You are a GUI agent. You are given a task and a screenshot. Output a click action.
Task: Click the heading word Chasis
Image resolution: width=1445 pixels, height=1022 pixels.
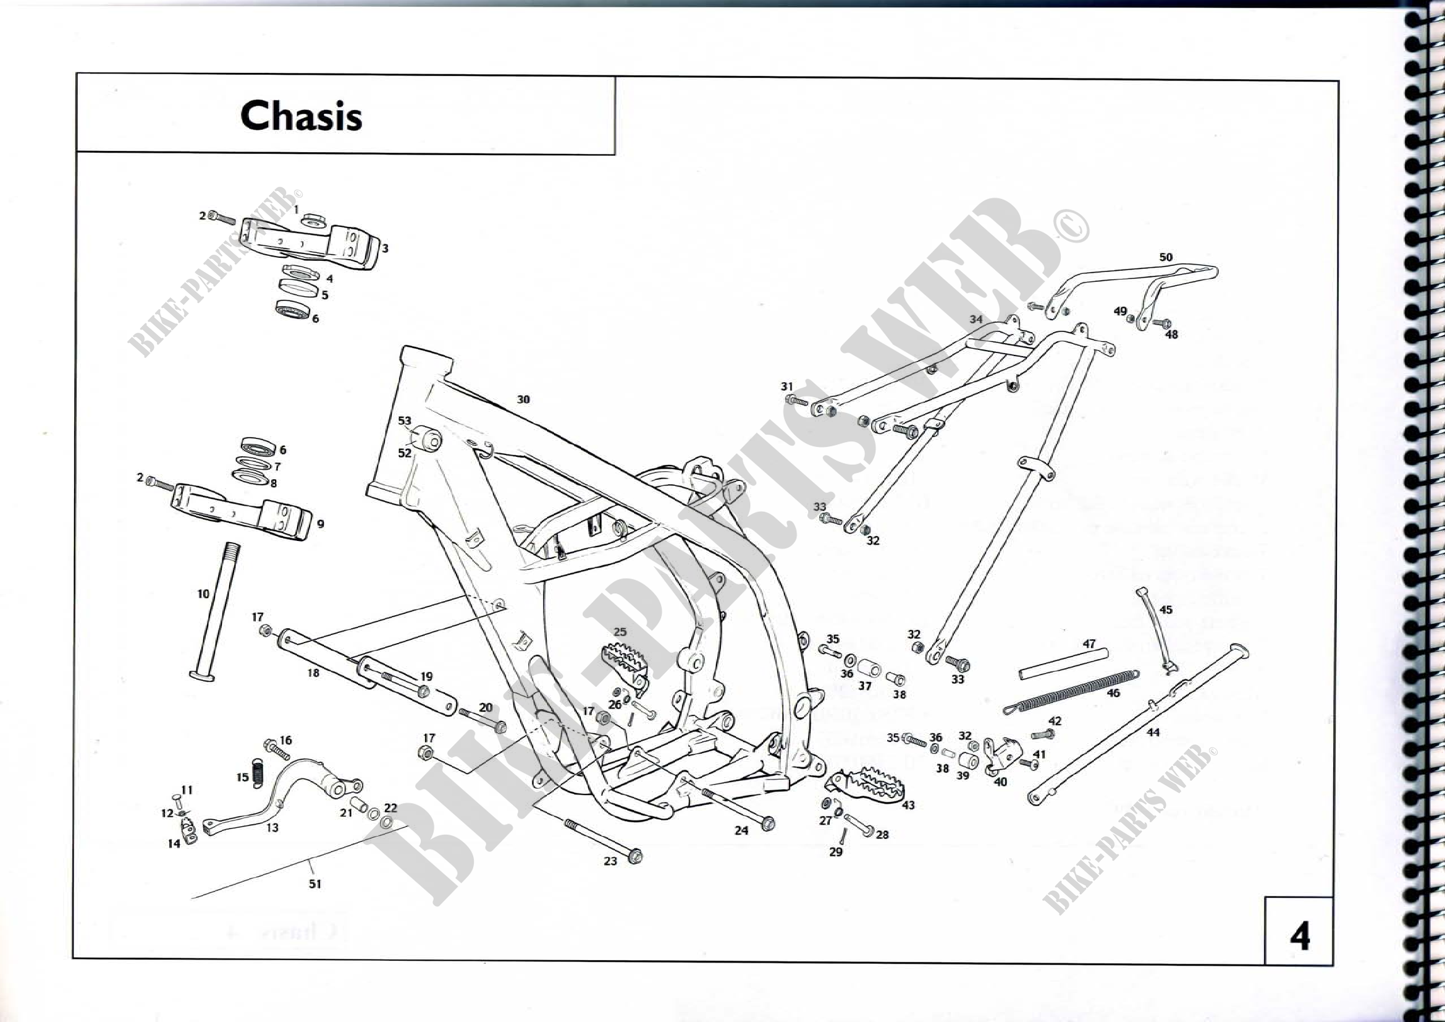coord(301,116)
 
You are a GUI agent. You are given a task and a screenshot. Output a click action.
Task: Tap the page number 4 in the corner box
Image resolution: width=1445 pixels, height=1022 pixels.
coord(1300,936)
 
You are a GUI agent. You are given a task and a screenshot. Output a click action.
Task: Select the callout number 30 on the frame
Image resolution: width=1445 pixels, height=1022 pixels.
coord(523,399)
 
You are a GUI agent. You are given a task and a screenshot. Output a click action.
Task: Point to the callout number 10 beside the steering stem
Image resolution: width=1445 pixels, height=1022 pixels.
coord(203,594)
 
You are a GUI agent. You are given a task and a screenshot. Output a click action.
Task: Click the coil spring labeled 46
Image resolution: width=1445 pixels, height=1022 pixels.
coord(1070,691)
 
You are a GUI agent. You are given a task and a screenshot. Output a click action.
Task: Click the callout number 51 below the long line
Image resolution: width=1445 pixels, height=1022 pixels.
coord(314,884)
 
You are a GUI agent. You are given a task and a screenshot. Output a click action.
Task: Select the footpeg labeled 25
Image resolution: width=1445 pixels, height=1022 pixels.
coord(625,658)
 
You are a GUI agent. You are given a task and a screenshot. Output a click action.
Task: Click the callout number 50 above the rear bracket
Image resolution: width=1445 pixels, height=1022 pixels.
coord(1166,257)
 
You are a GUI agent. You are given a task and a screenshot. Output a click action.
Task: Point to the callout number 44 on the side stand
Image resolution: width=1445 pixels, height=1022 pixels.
coord(1152,732)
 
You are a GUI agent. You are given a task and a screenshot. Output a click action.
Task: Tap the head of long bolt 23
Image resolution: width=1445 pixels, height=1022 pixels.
coord(635,856)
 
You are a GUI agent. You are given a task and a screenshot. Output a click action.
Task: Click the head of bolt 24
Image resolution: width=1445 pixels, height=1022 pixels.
coord(768,823)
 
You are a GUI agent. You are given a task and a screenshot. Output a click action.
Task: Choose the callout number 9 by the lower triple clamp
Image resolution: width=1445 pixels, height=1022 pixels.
coord(321,524)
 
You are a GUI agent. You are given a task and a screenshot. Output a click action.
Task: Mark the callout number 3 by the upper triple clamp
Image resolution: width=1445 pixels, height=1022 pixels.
coord(385,248)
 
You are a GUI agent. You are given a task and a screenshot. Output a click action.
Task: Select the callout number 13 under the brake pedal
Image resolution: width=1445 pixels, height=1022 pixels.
coord(272,827)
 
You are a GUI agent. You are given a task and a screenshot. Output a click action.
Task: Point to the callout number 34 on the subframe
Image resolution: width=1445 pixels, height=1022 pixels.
coord(975,319)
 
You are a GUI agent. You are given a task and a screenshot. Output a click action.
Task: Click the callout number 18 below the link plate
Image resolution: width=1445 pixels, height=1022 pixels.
coord(313,673)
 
